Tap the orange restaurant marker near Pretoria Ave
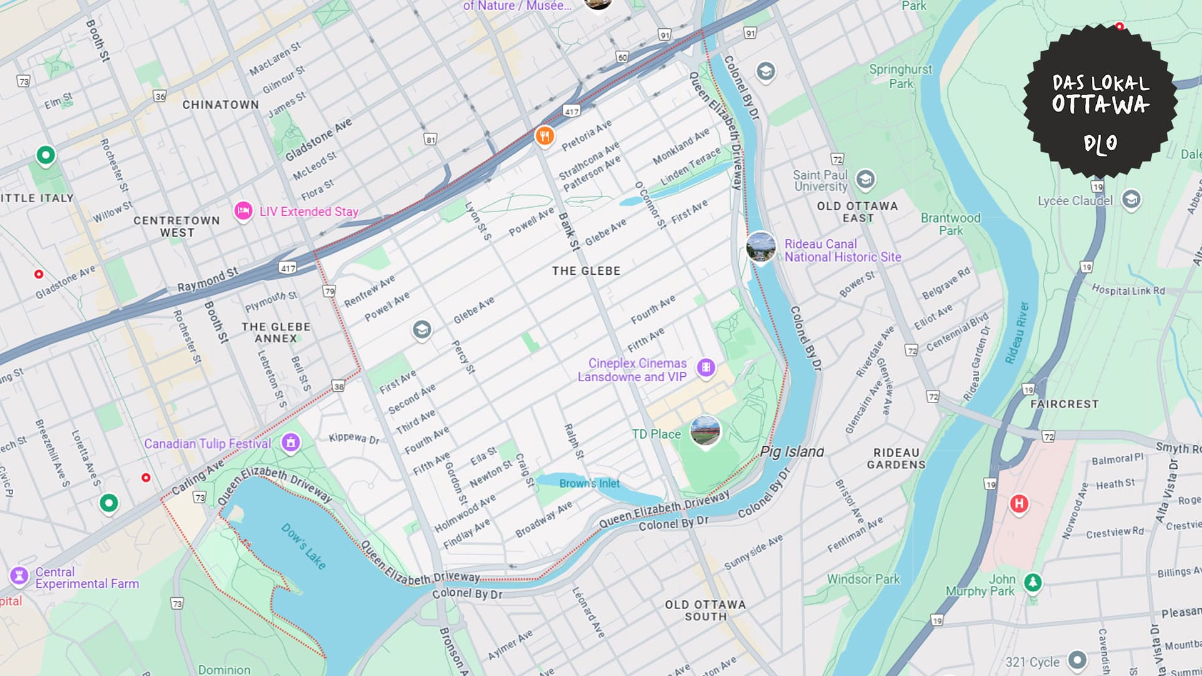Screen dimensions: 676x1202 [545, 135]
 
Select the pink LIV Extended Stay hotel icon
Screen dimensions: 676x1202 [243, 211]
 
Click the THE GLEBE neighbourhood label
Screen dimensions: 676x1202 [586, 271]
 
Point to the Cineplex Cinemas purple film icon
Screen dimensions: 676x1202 [706, 367]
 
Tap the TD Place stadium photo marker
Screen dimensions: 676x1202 [705, 431]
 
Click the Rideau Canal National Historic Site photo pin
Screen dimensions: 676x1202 [761, 247]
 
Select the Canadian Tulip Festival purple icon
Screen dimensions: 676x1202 [290, 443]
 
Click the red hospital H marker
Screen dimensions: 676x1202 [1019, 503]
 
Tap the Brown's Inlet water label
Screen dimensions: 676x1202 [589, 483]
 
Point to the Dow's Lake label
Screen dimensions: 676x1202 [304, 546]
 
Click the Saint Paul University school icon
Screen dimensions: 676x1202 [865, 180]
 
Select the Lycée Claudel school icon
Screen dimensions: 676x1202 [1131, 200]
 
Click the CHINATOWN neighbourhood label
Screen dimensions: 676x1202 [220, 105]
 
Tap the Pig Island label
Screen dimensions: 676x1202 [792, 451]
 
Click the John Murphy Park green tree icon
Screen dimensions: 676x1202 [1032, 583]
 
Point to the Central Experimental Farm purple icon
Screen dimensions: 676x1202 [19, 575]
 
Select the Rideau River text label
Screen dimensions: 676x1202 [1017, 333]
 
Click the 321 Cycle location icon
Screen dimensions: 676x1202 [1077, 660]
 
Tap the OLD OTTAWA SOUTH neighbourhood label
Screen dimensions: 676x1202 [706, 610]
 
